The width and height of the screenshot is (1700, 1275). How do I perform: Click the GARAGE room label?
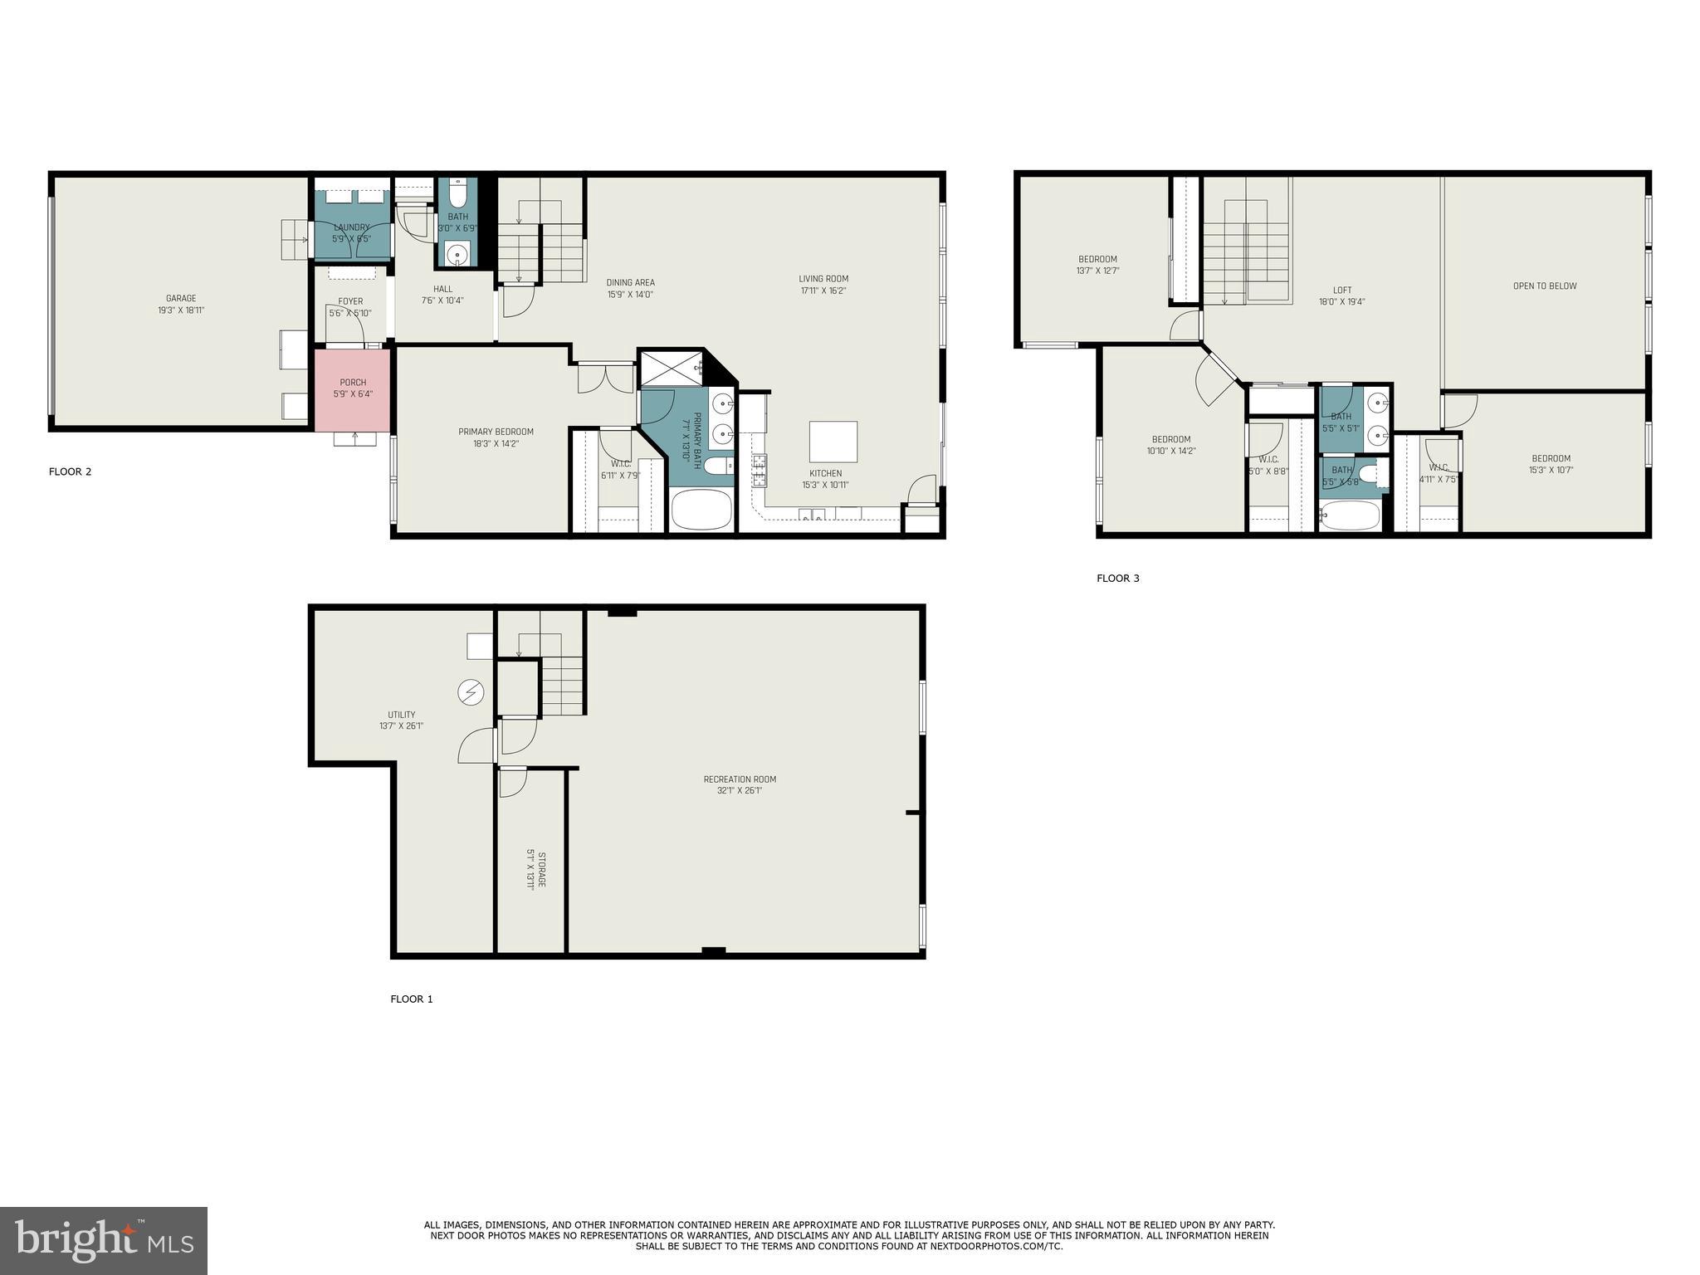(x=180, y=299)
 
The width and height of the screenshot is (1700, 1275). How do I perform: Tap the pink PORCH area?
(x=352, y=388)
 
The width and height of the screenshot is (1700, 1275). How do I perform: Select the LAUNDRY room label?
(x=351, y=227)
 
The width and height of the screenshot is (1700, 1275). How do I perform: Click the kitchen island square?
(x=833, y=442)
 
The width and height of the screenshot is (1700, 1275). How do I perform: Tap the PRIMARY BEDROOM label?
(x=496, y=432)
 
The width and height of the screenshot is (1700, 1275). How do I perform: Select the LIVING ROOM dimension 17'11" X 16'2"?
(x=823, y=291)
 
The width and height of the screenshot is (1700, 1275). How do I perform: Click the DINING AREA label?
(x=630, y=283)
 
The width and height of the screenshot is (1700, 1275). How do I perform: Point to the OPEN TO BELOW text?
(x=1544, y=286)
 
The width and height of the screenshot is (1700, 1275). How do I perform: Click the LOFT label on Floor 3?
(x=1341, y=291)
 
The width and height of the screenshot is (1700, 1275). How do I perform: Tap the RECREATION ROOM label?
(x=740, y=779)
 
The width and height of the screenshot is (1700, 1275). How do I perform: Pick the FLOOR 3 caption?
(x=1117, y=579)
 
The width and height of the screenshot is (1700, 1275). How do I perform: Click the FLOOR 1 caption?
(x=412, y=999)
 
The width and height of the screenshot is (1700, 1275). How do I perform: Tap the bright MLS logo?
(x=104, y=1239)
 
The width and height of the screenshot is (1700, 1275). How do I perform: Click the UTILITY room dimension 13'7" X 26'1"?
(x=402, y=726)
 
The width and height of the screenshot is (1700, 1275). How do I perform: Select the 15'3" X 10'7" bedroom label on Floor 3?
(x=1551, y=470)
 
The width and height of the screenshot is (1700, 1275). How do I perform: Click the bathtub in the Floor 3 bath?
(x=1350, y=515)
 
